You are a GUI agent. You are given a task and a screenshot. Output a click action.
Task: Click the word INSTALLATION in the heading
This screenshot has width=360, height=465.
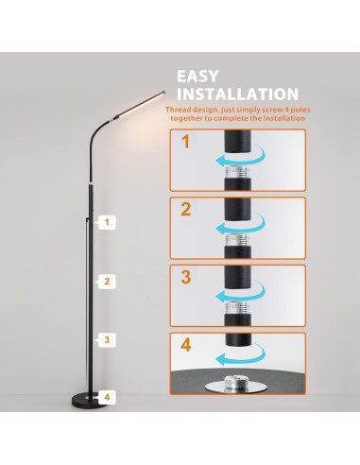coord(239,95)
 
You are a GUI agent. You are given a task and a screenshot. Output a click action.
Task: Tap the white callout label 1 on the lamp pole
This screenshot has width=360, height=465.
coord(109,222)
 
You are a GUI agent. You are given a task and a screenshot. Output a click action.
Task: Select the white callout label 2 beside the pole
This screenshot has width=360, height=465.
coord(109,281)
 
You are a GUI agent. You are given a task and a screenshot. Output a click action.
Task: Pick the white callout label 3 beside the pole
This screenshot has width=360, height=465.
coord(109,338)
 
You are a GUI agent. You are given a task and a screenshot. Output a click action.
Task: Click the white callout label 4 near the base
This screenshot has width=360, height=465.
coord(109,397)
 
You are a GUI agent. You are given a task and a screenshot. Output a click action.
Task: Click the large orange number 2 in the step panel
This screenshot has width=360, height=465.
coord(186,211)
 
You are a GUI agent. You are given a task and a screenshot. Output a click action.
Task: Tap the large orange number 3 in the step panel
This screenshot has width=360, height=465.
coord(186,279)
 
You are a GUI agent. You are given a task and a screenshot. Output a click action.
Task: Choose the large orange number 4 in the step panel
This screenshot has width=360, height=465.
coord(186,345)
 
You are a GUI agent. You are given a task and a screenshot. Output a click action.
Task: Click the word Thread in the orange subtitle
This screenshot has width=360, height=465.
coord(180,110)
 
